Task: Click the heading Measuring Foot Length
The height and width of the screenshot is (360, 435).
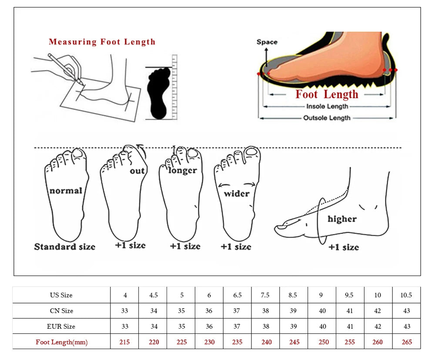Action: point(102,42)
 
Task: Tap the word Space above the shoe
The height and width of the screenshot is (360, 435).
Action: point(267,42)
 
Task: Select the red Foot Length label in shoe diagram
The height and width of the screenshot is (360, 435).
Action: point(327,94)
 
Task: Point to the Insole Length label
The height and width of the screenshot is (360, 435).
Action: point(327,107)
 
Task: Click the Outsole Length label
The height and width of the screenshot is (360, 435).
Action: point(327,118)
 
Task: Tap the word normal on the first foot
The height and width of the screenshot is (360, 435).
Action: point(66,190)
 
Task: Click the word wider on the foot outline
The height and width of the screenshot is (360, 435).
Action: point(237,193)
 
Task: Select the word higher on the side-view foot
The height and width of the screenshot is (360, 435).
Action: point(342,219)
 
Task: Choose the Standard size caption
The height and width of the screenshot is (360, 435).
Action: point(65,247)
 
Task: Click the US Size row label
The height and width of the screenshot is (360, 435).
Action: point(61,295)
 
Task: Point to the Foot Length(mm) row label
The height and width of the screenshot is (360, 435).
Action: point(61,342)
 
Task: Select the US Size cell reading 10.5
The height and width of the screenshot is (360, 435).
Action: point(406,295)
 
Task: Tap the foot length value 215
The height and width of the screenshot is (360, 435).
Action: point(125,342)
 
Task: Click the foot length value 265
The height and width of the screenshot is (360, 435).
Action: point(406,342)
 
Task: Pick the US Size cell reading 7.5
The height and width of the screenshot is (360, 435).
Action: point(265,295)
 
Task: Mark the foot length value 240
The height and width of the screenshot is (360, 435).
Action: point(265,342)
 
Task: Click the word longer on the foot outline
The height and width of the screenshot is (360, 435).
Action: point(183,170)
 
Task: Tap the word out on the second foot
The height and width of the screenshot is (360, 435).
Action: point(137,171)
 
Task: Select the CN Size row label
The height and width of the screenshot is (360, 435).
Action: point(61,311)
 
